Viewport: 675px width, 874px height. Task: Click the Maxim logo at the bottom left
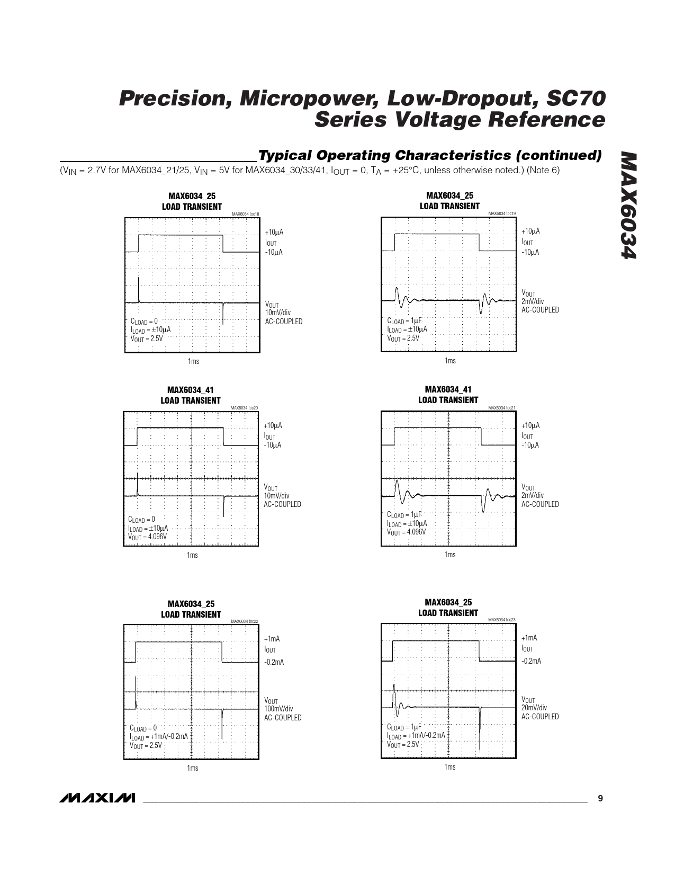97,798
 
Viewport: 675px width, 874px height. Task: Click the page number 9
600,798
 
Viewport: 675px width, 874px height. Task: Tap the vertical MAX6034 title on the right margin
628,207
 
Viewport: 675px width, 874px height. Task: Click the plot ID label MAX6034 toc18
246,214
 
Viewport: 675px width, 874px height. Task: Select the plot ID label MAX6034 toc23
501,620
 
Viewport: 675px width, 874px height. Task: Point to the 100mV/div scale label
278,709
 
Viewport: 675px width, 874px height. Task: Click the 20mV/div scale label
534,708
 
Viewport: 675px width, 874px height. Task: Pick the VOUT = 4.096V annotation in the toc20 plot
147,537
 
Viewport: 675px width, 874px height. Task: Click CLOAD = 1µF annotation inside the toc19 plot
404,320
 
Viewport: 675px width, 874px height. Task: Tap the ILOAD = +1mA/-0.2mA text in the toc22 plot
159,736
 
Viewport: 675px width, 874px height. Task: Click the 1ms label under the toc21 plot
449,555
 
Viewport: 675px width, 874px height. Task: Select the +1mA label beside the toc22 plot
272,639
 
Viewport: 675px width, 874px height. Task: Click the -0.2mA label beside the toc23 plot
531,661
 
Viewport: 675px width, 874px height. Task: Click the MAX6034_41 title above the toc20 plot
191,390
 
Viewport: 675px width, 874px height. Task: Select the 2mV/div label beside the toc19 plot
533,301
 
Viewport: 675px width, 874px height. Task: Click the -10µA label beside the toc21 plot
530,445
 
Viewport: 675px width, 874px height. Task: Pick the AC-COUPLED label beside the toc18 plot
284,322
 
